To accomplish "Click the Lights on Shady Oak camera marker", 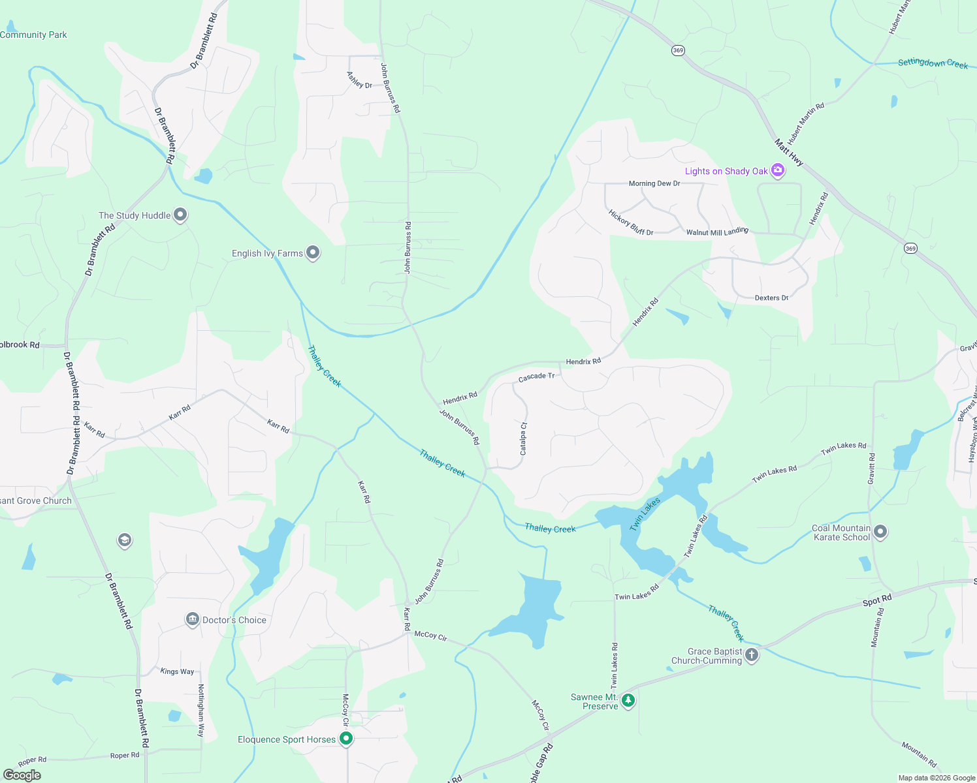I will pyautogui.click(x=777, y=171).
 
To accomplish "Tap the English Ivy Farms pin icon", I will pyautogui.click(x=313, y=253).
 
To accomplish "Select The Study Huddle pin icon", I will pyautogui.click(x=180, y=215).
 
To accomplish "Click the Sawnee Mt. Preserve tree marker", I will pyautogui.click(x=628, y=701).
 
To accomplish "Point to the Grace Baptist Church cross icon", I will pyautogui.click(x=752, y=654).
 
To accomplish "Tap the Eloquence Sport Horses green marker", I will pyautogui.click(x=346, y=739).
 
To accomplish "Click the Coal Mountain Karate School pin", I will pyautogui.click(x=880, y=532).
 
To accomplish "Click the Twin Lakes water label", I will pyautogui.click(x=645, y=514).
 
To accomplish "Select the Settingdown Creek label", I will pyautogui.click(x=933, y=63).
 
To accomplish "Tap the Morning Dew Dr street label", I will pyautogui.click(x=654, y=183).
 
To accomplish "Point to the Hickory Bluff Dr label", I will pyautogui.click(x=631, y=223).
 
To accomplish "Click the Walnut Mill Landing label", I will pyautogui.click(x=717, y=232).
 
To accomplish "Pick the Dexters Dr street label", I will pyautogui.click(x=771, y=298).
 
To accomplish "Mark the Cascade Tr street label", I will pyautogui.click(x=536, y=377).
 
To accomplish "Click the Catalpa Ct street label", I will pyautogui.click(x=523, y=438).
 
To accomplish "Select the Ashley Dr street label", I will pyautogui.click(x=359, y=80).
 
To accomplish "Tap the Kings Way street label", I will pyautogui.click(x=177, y=671).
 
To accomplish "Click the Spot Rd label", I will pyautogui.click(x=877, y=600).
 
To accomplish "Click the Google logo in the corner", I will pyautogui.click(x=22, y=775).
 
